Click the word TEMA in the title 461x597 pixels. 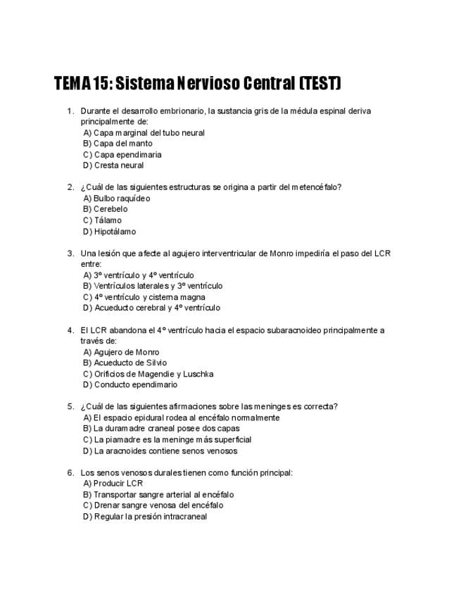point(71,84)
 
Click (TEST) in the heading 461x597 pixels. point(320,84)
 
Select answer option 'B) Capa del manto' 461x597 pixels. point(118,144)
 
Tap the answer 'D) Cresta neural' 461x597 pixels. point(113,165)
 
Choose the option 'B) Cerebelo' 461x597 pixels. point(106,209)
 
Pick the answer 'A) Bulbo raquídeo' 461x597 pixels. point(117,199)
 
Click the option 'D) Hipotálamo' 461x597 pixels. point(110,232)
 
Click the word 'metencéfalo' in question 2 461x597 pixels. point(315,187)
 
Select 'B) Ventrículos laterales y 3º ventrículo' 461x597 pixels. point(153,286)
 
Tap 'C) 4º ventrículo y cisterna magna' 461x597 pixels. point(144,297)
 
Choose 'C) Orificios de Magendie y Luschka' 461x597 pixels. point(149,374)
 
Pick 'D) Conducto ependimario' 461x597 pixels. point(130,385)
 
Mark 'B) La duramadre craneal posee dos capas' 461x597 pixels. point(161,429)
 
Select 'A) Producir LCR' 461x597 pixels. point(113,484)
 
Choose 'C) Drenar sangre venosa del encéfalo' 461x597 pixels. point(153,505)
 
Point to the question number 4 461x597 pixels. point(70,330)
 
